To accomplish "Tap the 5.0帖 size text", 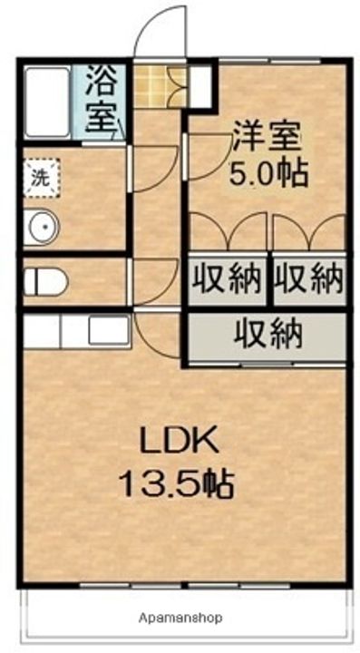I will (268, 171).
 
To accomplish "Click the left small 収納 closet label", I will (227, 278).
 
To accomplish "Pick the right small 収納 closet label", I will (310, 278).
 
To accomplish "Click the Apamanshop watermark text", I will (180, 618).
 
